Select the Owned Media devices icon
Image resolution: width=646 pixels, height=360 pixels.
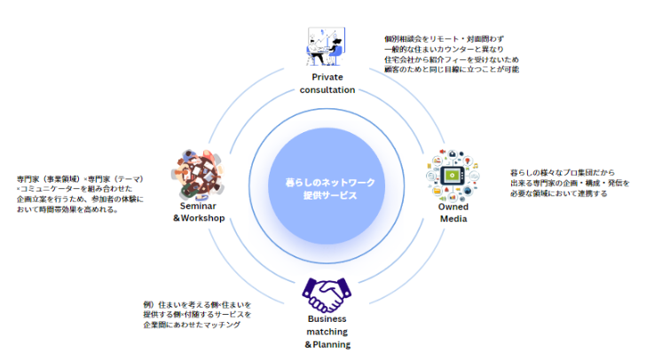click(x=453, y=174)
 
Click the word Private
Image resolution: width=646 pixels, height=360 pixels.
click(x=327, y=78)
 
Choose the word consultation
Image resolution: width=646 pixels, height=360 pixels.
click(x=327, y=90)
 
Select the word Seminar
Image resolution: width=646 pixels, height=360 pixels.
click(x=199, y=207)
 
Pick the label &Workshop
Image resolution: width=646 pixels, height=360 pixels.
click(x=199, y=219)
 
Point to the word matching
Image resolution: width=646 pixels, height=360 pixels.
click(x=327, y=332)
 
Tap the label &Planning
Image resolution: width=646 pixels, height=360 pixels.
click(x=327, y=344)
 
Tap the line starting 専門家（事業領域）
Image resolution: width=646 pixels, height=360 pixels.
click(x=80, y=179)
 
